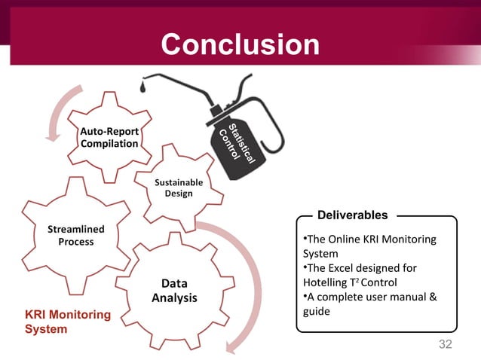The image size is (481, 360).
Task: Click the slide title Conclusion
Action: click(240, 44)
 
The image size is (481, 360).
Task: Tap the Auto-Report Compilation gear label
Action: click(109, 138)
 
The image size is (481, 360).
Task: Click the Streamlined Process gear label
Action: click(76, 235)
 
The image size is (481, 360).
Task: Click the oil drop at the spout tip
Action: click(141, 88)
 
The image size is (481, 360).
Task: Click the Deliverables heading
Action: click(352, 216)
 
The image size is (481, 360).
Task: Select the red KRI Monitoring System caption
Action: click(68, 322)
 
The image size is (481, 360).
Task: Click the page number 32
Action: click(445, 344)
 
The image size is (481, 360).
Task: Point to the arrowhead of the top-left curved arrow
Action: click(53, 136)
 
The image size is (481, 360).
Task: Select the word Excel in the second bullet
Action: click(341, 268)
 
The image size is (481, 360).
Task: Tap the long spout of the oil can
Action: click(181, 81)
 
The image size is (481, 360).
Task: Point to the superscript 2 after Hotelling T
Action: click(363, 279)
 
